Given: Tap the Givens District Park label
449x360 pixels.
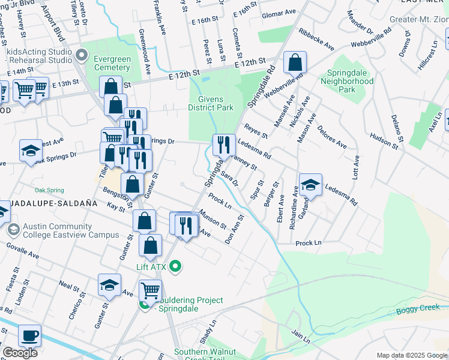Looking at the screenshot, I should tap(210, 103).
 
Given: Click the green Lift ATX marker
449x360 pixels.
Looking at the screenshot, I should tap(176, 266).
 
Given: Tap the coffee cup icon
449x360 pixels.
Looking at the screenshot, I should tap(29, 335).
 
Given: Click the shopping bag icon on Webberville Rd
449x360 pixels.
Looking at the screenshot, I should tap(295, 62).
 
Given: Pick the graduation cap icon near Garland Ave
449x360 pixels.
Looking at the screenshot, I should tap(310, 185).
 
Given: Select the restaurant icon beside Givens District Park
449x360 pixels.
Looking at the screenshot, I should tap(224, 145).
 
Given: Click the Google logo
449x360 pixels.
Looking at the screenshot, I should tap(20, 353).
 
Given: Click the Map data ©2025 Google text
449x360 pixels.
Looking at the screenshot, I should tap(412, 355).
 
